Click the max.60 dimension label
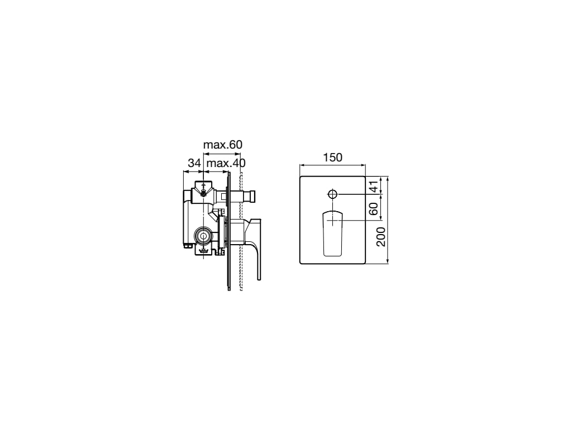[222, 145]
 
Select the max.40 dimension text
[226, 163]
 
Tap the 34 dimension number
[194, 163]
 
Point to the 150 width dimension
[332, 157]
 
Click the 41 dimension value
[374, 186]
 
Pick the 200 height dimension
[380, 237]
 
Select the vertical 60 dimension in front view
[374, 209]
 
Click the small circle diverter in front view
[332, 194]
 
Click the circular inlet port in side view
[203, 236]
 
